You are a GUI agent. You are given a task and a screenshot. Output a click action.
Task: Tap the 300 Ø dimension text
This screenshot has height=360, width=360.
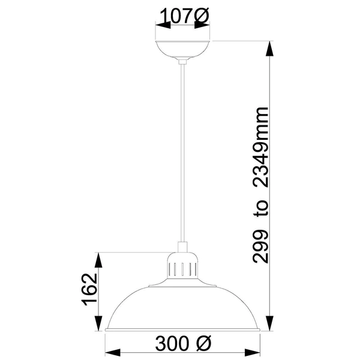click(x=183, y=345)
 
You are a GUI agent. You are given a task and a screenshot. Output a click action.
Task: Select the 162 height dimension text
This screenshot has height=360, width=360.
click(x=89, y=291)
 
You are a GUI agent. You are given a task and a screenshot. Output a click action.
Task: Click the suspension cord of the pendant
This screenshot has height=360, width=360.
click(x=182, y=150)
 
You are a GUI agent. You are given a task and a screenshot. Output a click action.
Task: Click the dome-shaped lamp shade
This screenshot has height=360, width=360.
click(x=182, y=309)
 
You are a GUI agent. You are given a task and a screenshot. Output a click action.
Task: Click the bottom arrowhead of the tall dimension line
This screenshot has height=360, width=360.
click(x=271, y=325)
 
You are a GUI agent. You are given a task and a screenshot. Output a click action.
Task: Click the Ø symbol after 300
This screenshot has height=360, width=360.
click(x=203, y=345)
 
